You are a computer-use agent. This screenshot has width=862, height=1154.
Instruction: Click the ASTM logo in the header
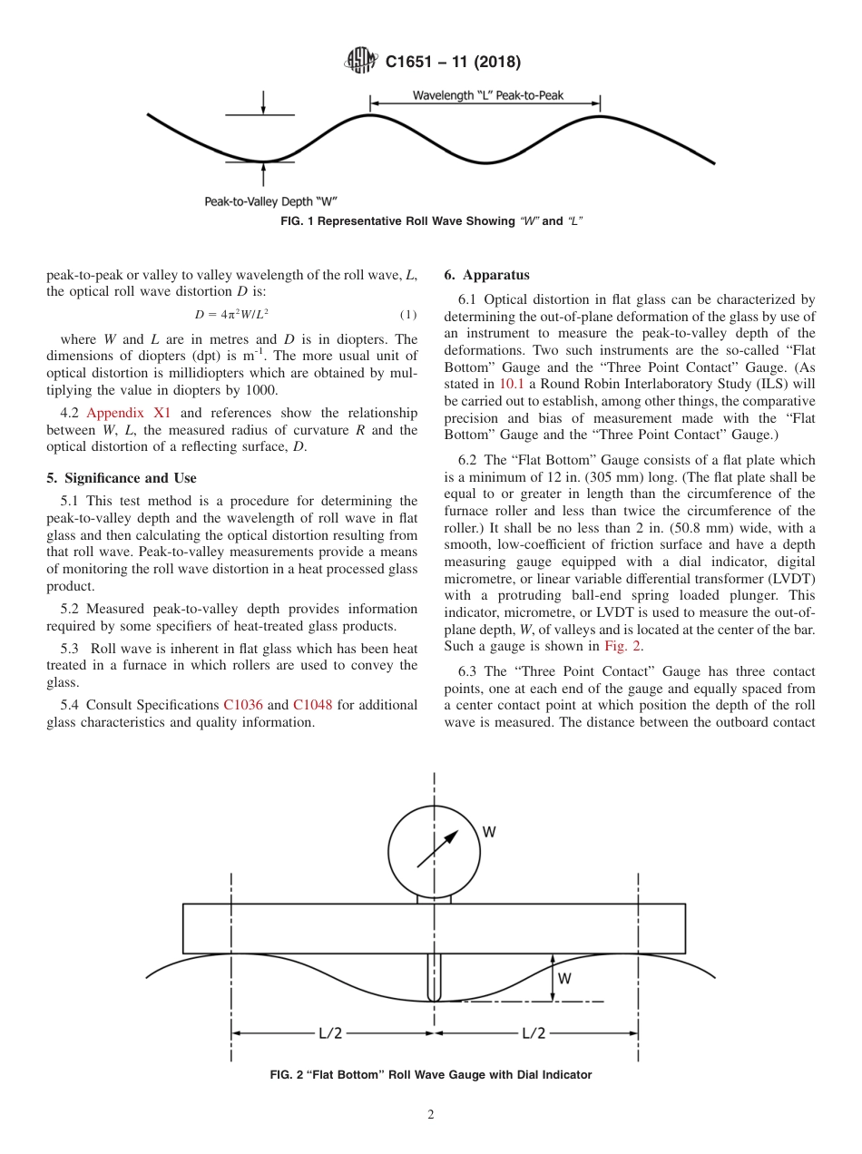click(x=361, y=62)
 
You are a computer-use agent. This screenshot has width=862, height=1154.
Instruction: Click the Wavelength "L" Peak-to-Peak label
click(x=488, y=95)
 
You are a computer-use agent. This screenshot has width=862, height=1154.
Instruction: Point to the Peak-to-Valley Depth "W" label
click(x=271, y=200)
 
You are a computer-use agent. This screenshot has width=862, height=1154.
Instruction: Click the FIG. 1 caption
click(x=431, y=221)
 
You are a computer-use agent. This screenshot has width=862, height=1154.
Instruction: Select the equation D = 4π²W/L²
click(x=231, y=315)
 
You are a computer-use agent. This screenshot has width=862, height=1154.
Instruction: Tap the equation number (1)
click(x=408, y=315)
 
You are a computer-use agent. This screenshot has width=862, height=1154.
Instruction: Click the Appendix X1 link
click(x=128, y=412)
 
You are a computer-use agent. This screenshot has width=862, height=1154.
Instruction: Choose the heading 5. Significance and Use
click(x=122, y=478)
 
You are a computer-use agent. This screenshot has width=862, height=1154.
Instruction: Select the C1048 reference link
click(x=313, y=704)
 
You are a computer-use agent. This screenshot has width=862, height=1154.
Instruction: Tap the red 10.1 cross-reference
click(x=513, y=383)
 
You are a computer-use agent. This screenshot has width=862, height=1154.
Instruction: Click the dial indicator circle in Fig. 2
click(x=434, y=851)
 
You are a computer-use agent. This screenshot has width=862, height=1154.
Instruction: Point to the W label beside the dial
click(x=489, y=831)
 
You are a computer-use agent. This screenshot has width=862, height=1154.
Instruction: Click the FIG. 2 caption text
click(x=431, y=1075)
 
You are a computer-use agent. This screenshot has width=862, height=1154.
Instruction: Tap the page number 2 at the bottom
click(x=431, y=1115)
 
